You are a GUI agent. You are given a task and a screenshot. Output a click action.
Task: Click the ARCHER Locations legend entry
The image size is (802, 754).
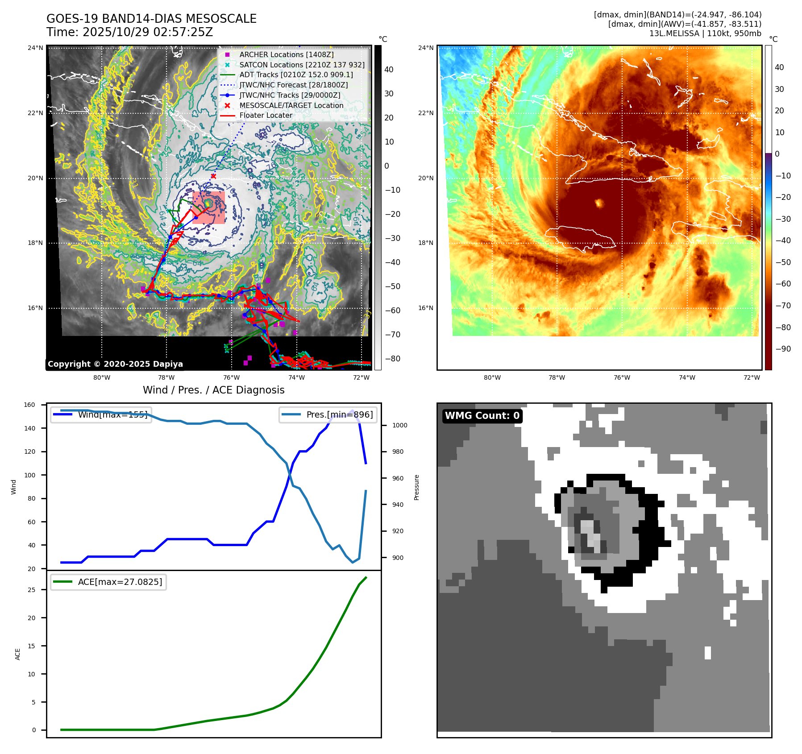tap(286, 54)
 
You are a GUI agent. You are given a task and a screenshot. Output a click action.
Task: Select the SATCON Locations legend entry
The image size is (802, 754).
tap(302, 65)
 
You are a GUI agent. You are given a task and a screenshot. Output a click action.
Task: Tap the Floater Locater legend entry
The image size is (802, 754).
tap(266, 115)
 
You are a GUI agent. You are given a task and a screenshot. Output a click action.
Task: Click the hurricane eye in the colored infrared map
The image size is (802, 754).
tap(599, 203)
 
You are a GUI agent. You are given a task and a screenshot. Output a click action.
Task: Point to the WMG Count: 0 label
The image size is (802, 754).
tap(482, 415)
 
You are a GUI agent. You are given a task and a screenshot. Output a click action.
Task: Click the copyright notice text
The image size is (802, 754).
tap(115, 364)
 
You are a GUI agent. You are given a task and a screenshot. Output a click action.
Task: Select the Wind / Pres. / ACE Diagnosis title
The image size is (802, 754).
tap(213, 390)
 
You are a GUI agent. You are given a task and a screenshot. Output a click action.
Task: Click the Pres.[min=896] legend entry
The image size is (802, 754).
tap(339, 414)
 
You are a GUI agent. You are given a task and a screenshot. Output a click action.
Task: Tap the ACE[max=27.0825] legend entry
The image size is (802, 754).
tap(120, 582)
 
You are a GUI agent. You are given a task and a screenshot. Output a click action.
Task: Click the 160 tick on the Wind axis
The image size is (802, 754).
tap(29, 405)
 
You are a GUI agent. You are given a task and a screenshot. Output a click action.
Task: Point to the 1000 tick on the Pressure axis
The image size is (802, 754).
tap(399, 425)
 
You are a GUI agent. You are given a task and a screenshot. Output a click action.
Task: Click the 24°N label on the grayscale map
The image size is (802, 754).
tap(36, 48)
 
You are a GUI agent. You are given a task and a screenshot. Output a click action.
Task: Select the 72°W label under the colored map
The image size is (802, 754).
tap(752, 377)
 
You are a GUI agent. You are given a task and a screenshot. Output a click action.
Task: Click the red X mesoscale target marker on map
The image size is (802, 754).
tap(213, 176)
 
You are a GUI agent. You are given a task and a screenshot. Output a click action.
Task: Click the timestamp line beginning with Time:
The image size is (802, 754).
tap(129, 32)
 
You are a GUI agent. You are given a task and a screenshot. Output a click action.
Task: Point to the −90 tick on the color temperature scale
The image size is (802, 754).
tap(783, 349)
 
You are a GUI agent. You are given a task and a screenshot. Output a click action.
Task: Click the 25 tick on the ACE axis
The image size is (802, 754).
tap(31, 590)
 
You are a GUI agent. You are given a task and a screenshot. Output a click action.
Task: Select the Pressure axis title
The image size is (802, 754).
tap(416, 487)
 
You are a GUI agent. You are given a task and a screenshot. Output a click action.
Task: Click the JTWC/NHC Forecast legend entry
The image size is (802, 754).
tap(293, 85)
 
